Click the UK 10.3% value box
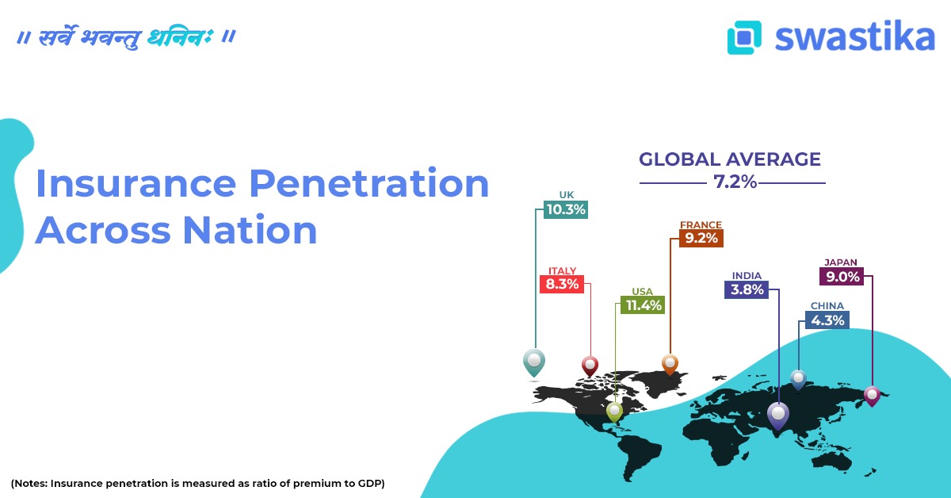click(x=565, y=210)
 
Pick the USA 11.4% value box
click(x=642, y=305)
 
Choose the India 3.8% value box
click(x=747, y=289)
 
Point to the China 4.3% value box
click(x=827, y=320)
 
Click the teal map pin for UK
click(x=534, y=362)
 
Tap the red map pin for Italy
click(x=590, y=365)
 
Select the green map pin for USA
click(x=614, y=410)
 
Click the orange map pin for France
click(x=670, y=363)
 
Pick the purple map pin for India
click(x=778, y=414)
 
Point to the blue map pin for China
click(x=798, y=378)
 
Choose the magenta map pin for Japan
click(x=872, y=394)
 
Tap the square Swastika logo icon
click(x=743, y=37)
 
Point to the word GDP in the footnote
click(x=369, y=483)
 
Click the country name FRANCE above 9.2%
click(x=701, y=224)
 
